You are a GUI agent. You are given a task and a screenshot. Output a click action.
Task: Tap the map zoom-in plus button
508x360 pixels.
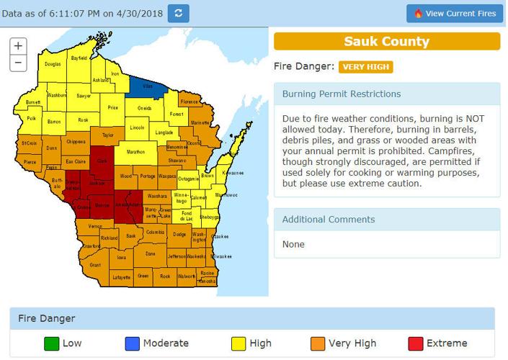pos(19,45)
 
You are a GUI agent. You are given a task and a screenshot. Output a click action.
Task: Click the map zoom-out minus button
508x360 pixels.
pos(19,63)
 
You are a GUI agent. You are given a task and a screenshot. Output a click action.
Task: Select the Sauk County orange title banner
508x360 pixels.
pos(386,41)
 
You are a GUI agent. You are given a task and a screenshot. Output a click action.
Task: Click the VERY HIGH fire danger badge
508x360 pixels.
pos(365,67)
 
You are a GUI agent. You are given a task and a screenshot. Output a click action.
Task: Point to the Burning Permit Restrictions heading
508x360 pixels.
pos(342,94)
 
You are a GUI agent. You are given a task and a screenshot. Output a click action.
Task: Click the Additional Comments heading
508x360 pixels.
pos(329,219)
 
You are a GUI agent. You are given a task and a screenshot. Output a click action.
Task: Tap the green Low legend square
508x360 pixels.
pos(50,343)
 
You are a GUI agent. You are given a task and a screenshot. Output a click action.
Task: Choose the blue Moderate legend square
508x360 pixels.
pos(131,343)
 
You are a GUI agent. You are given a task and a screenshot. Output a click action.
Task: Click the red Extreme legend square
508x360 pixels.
pos(414,343)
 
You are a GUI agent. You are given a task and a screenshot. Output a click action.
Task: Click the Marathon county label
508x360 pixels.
pos(135,153)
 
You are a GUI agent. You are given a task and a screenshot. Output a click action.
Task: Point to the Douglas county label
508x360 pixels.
pos(52,65)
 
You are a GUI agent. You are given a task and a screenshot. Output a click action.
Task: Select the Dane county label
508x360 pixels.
pos(149,253)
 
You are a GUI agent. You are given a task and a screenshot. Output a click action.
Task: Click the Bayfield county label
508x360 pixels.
pos(78,57)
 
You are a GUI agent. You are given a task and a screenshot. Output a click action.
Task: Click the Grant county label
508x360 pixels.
pos(94,265)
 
